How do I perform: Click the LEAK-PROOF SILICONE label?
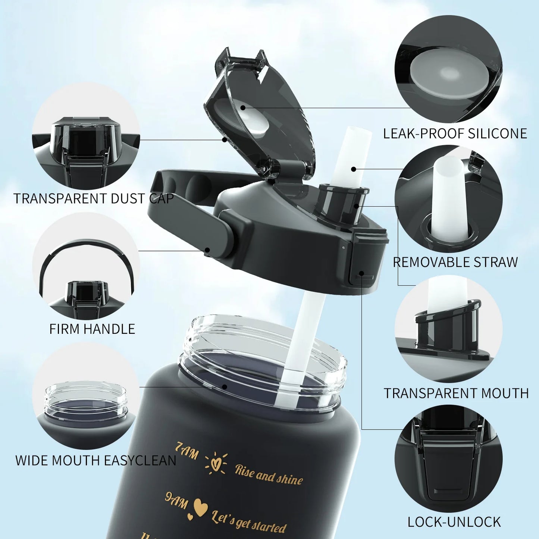[x=455, y=134]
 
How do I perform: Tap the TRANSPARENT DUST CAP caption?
[x=94, y=198]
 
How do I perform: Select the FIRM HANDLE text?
[x=92, y=329]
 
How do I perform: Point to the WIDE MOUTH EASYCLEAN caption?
[x=95, y=461]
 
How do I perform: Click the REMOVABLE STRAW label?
[x=455, y=262]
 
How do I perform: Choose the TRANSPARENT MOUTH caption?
[x=456, y=393]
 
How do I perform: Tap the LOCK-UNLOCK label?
[x=454, y=522]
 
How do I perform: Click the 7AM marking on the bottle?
[x=187, y=451]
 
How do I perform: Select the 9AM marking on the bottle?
[x=176, y=500]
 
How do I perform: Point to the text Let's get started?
[x=249, y=521]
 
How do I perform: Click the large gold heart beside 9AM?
[x=201, y=507]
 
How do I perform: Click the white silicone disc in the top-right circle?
[x=446, y=75]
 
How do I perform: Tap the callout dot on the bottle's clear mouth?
[x=224, y=386]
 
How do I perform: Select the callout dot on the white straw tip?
[x=353, y=169]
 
